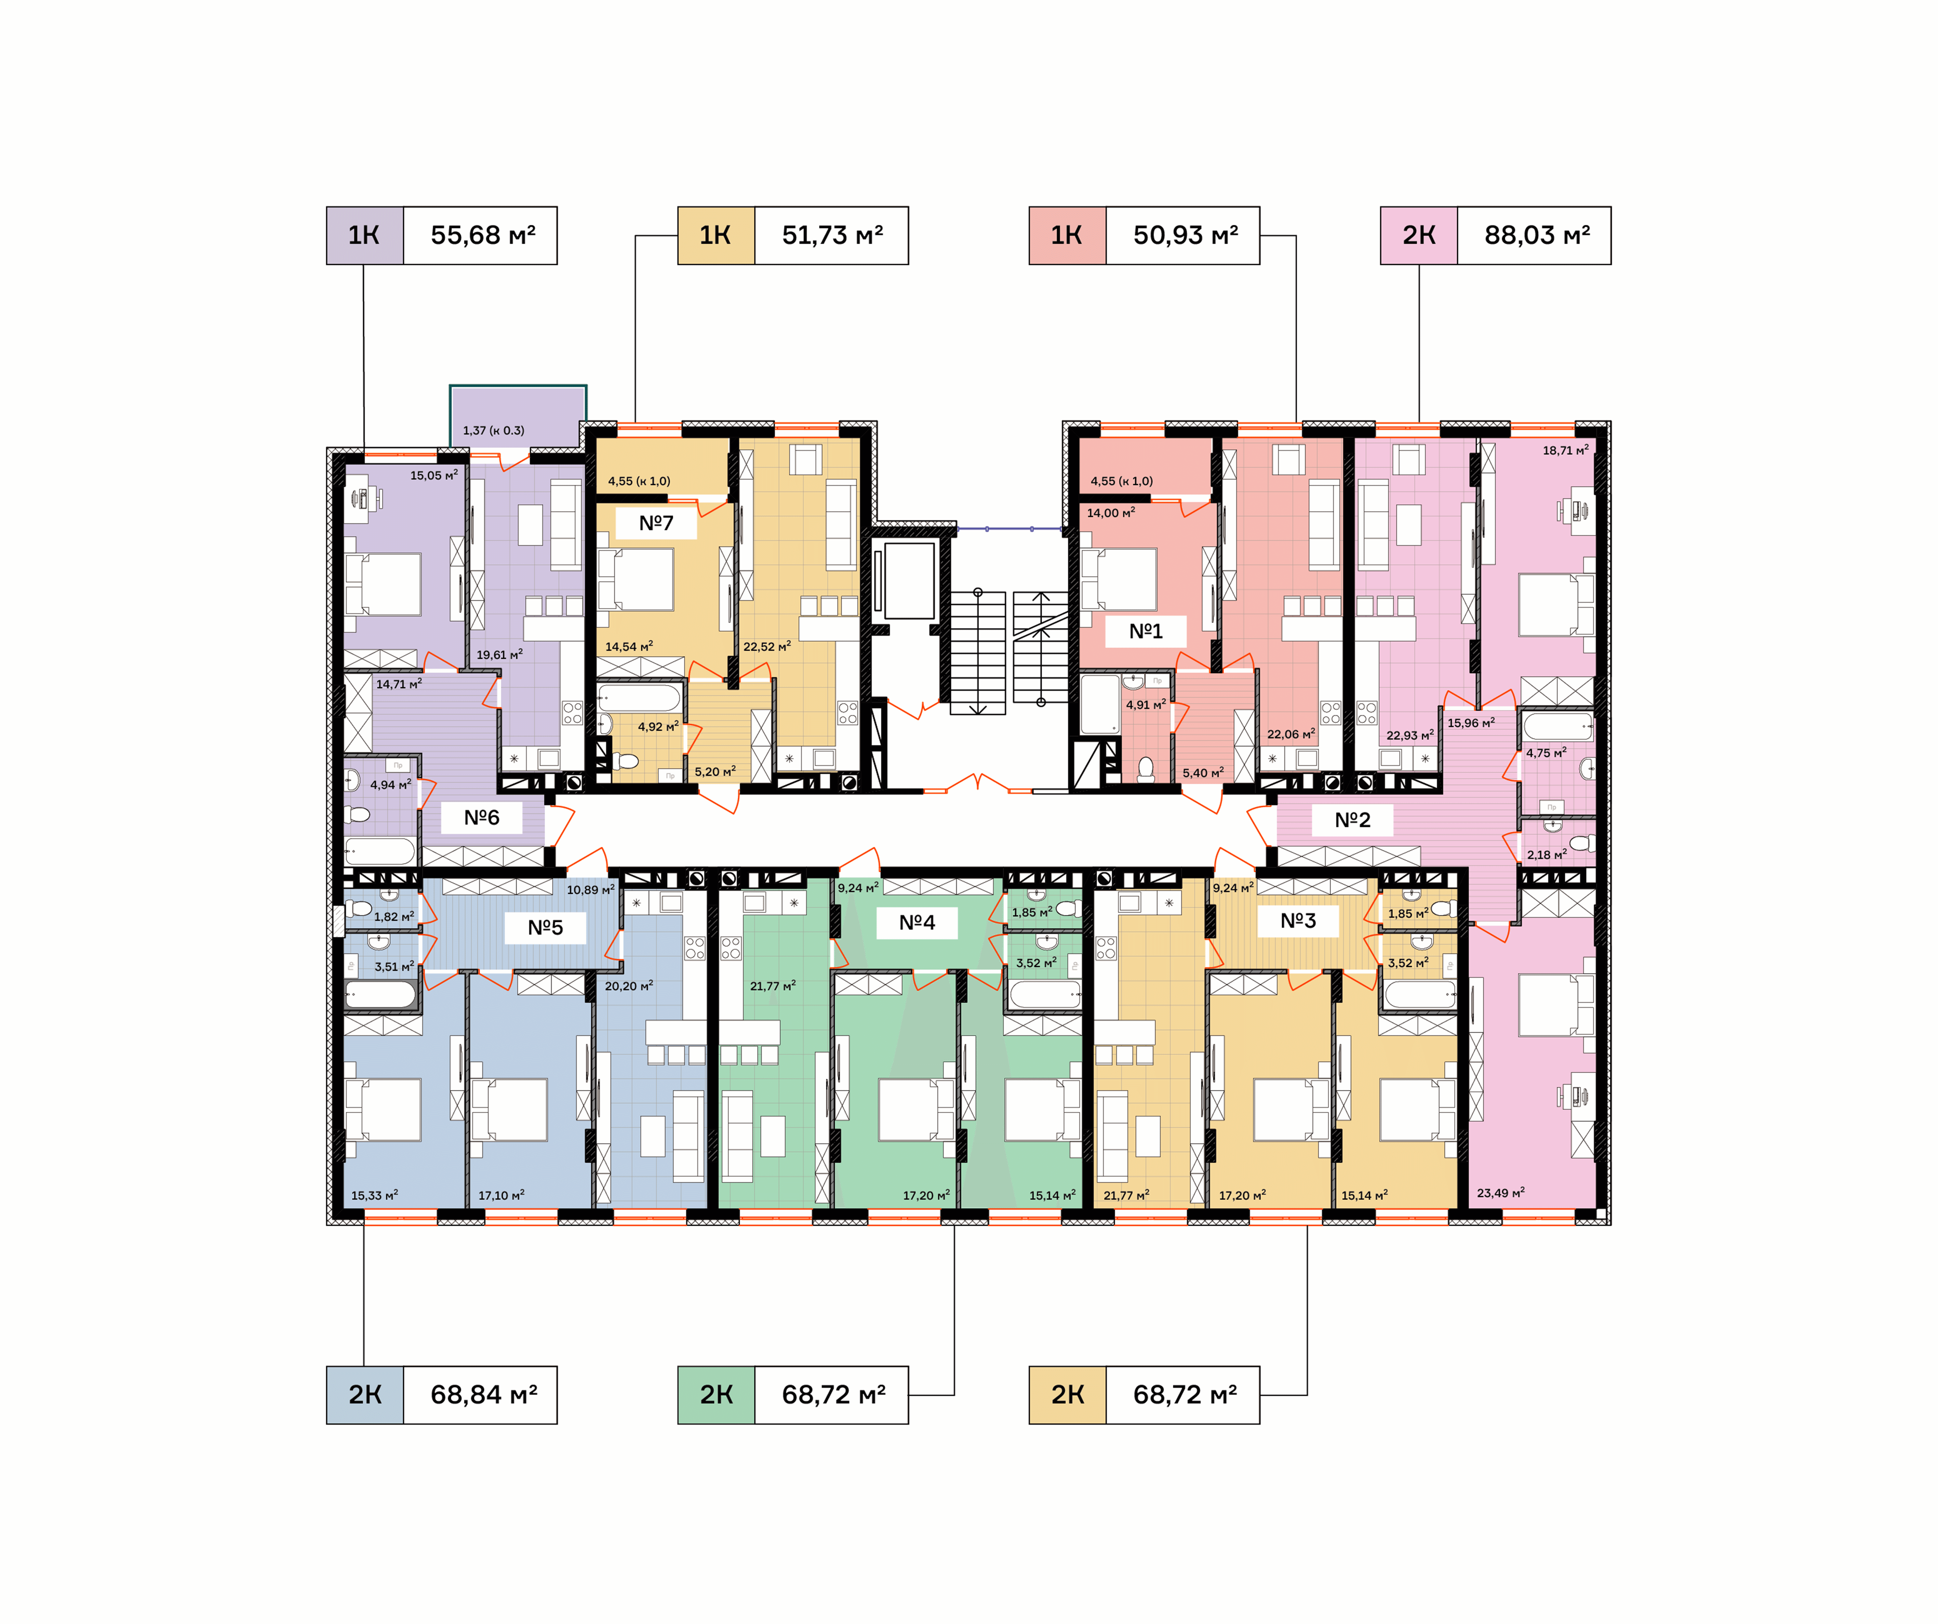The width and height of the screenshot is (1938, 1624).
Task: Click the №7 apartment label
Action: [656, 523]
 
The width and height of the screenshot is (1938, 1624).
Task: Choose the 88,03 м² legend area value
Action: [1537, 235]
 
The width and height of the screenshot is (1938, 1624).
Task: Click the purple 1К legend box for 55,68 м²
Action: [364, 235]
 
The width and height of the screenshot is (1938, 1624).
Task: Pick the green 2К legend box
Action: [716, 1395]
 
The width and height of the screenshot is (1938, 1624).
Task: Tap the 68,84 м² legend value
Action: [484, 1395]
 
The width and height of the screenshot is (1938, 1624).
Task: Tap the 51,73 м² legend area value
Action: [832, 235]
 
